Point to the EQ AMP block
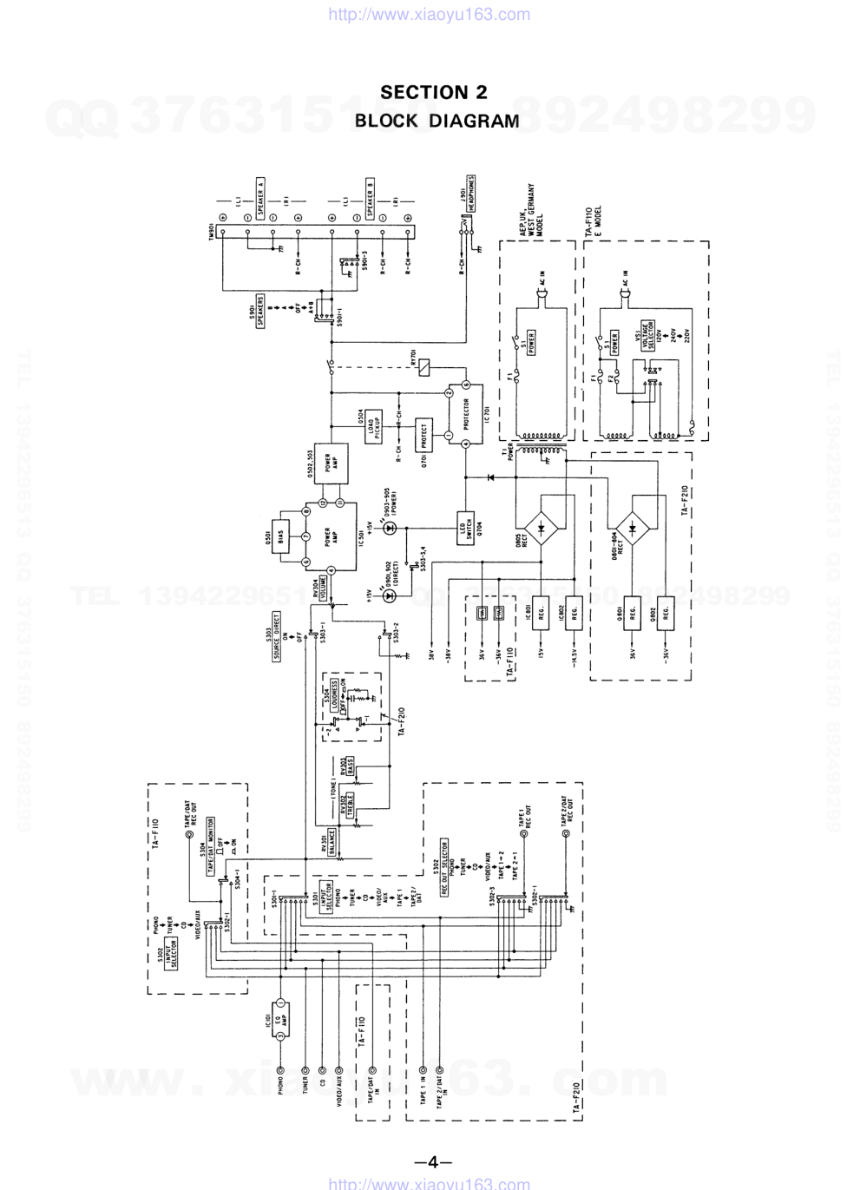click(x=279, y=1019)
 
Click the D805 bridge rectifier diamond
click(x=543, y=527)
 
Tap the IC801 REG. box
click(x=540, y=613)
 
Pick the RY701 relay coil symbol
click(x=423, y=367)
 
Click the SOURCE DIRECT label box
click(x=277, y=636)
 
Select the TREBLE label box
click(x=345, y=806)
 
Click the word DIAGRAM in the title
click(x=474, y=121)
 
